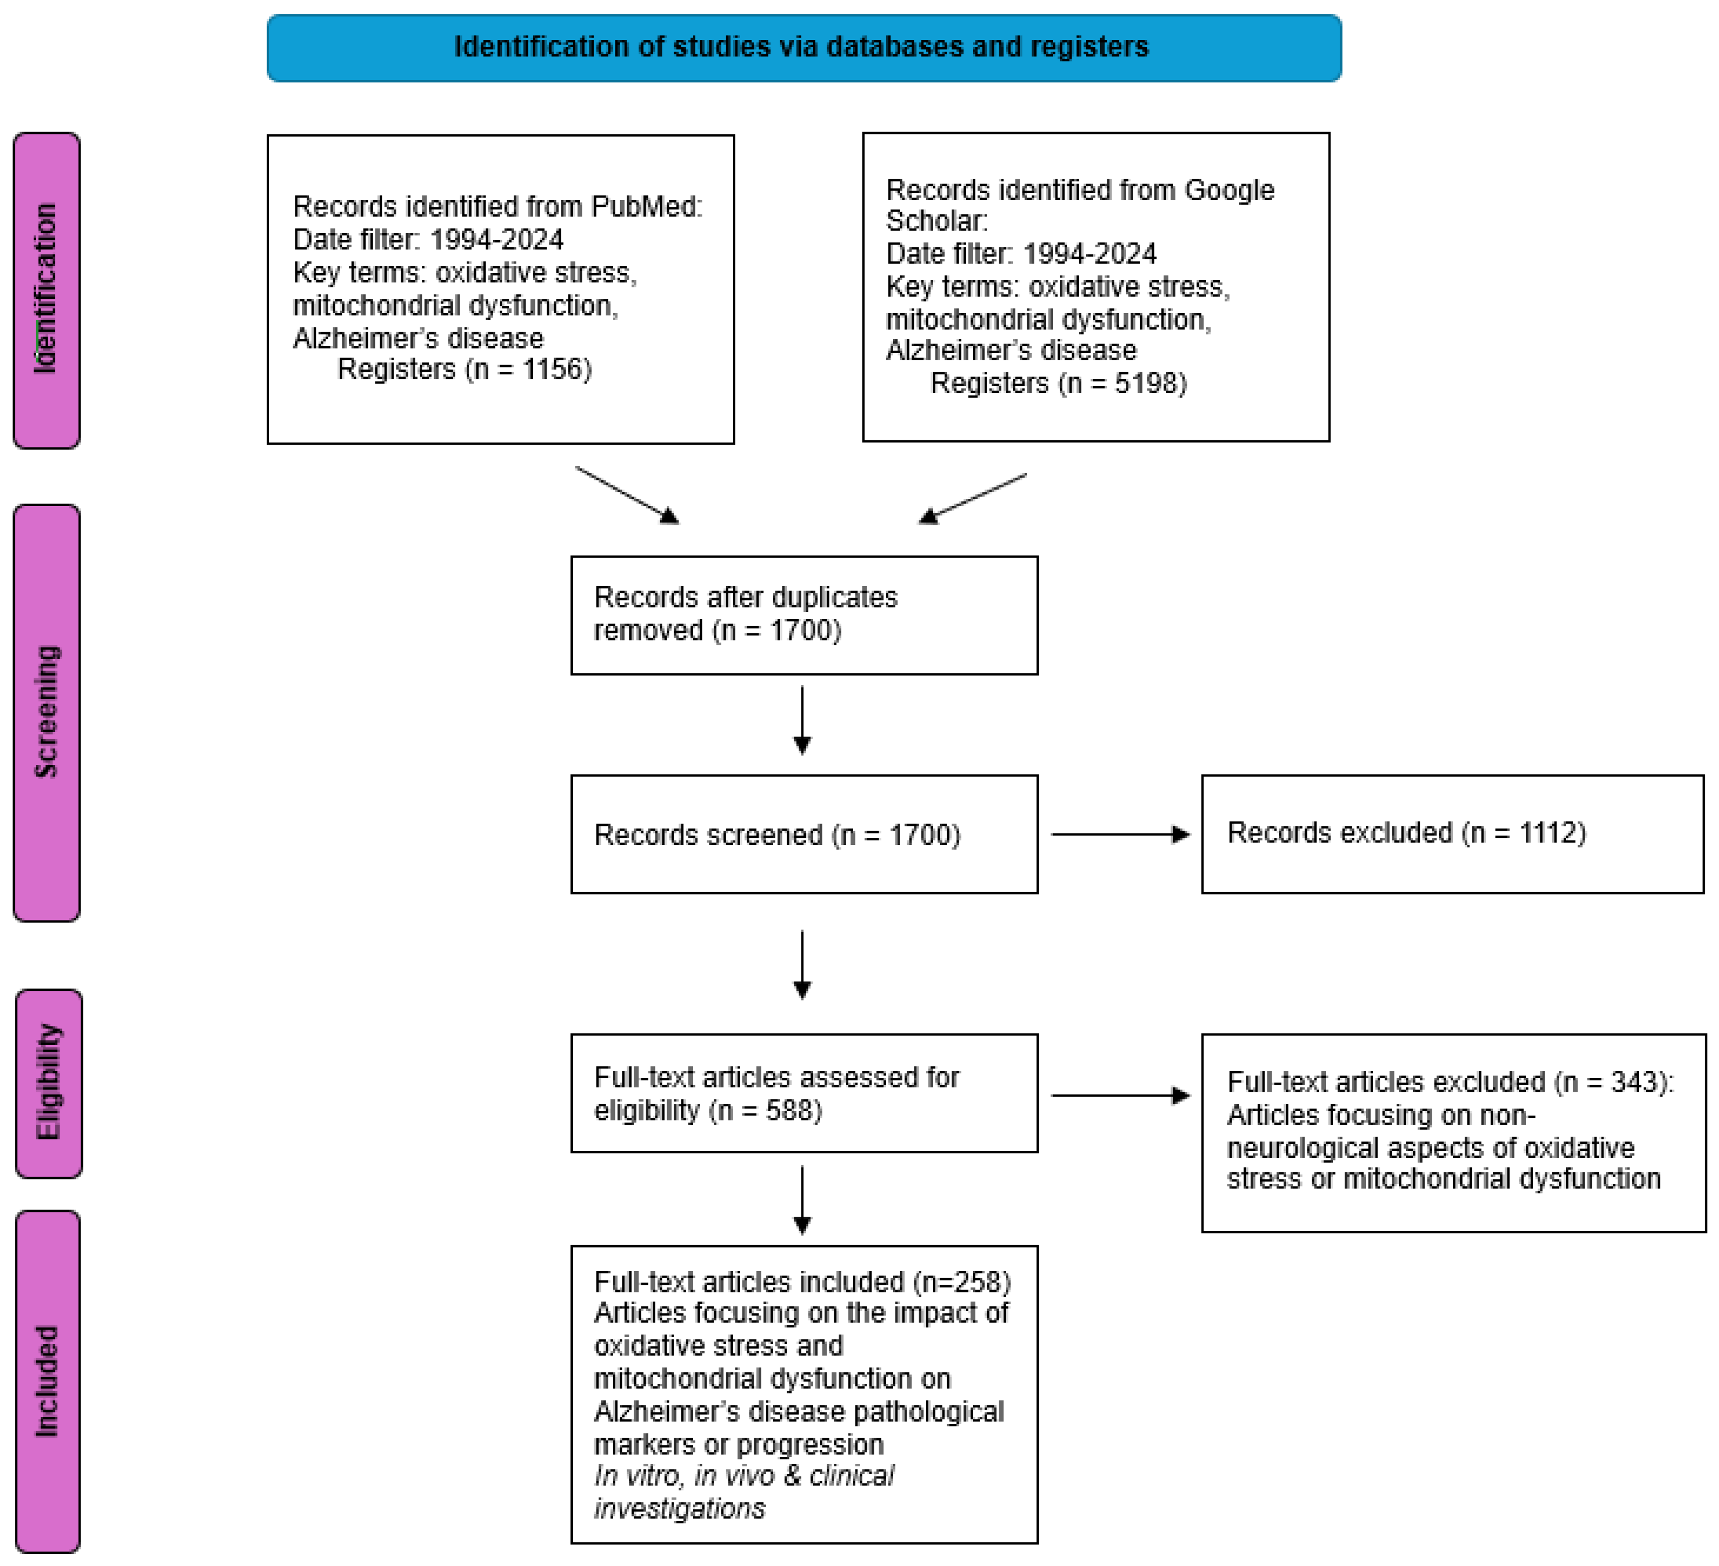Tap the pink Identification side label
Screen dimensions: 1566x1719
(47, 290)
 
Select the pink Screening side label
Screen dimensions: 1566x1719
(47, 712)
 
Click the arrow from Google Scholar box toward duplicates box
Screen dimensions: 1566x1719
(972, 498)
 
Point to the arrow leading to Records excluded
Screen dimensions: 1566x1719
(1119, 834)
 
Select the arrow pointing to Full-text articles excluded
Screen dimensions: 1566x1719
(1119, 1095)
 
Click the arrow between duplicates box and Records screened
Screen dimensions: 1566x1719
(802, 720)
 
